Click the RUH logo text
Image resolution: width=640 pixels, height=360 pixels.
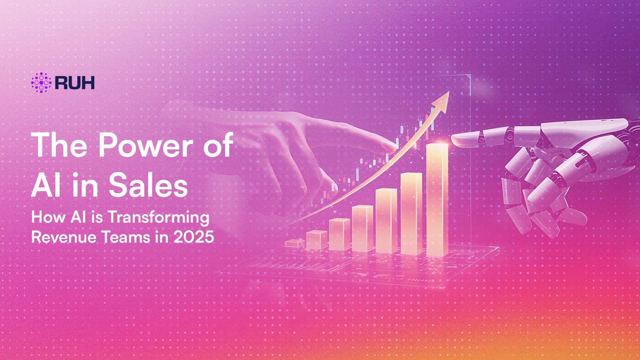75,82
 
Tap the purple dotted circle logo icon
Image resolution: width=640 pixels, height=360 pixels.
41,82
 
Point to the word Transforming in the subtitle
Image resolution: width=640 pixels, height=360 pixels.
158,218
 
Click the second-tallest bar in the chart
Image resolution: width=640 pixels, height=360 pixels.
411,213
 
